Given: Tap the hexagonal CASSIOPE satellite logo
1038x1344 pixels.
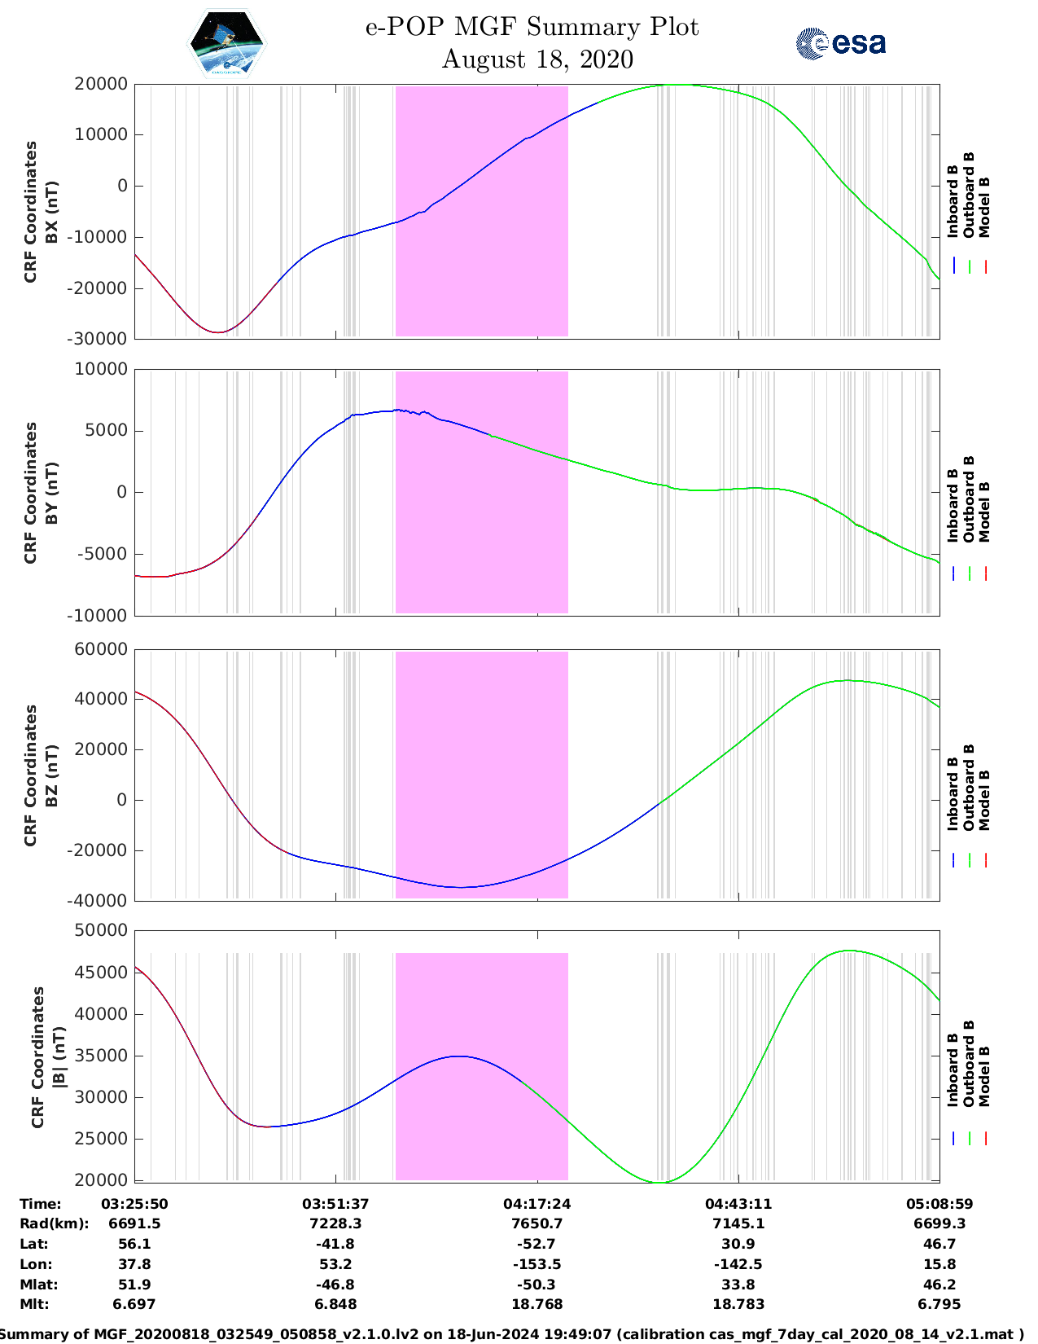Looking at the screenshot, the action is (x=227, y=43).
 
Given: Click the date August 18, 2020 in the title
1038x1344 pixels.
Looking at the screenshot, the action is (x=537, y=59).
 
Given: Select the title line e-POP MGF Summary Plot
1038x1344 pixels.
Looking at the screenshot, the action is (x=532, y=27).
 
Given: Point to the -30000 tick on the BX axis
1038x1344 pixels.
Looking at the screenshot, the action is (x=97, y=339).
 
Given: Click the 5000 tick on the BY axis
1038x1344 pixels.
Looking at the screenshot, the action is (x=106, y=430).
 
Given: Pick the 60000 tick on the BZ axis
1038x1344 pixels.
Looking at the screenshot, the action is (x=101, y=649).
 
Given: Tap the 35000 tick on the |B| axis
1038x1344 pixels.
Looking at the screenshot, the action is (x=101, y=1056).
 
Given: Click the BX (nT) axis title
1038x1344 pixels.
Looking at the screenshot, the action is (x=51, y=212).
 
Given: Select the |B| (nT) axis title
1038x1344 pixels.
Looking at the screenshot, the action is (x=59, y=1056).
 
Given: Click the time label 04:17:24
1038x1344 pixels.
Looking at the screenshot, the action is (x=537, y=1204).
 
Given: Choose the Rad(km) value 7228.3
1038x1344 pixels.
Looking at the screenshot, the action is (x=335, y=1223).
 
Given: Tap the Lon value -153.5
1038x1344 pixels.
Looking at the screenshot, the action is (x=537, y=1264).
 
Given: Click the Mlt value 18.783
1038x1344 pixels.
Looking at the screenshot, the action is (x=738, y=1304).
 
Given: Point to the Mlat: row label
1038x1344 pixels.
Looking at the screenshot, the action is (x=39, y=1285).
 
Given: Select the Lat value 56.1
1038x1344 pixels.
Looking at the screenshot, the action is (x=135, y=1244).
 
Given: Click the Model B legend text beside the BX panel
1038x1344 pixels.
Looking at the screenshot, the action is (x=984, y=207).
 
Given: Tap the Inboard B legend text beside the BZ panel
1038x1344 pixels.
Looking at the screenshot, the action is (x=952, y=794).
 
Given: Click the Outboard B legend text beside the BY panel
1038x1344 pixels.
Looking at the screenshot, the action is (x=968, y=499).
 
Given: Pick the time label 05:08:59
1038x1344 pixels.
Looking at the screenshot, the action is (x=939, y=1204).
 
